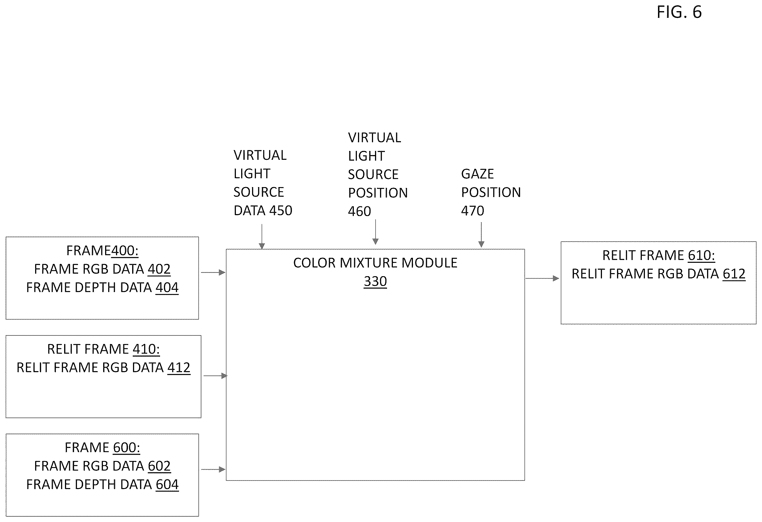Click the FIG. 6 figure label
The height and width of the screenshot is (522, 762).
679,12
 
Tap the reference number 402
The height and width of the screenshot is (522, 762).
159,269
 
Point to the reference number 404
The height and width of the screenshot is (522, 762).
167,287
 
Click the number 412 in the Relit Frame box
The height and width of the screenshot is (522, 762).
179,367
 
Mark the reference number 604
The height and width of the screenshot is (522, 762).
167,484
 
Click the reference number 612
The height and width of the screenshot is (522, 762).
734,274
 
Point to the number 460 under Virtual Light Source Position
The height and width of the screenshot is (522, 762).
359,211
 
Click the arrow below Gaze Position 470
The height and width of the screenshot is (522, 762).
481,235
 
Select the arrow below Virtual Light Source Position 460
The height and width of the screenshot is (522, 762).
376,232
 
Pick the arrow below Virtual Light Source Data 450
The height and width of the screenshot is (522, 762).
262,236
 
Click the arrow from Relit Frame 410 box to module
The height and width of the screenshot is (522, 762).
216,376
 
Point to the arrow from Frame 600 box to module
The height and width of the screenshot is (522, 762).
213,469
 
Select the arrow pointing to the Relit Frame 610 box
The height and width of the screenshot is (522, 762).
542,278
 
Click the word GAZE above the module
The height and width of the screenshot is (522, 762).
477,174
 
